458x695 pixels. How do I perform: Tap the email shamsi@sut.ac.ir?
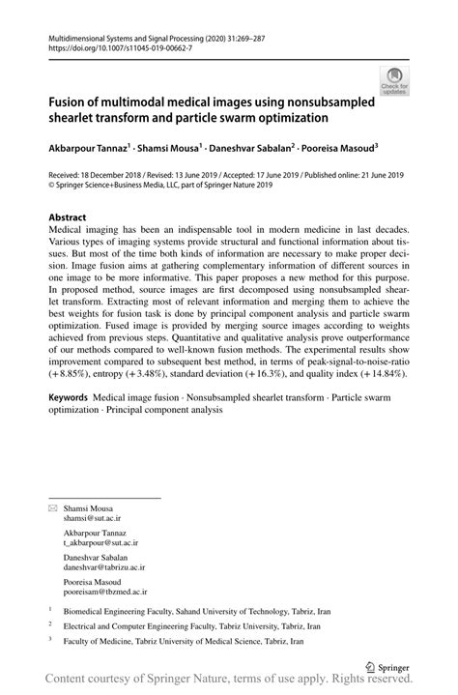tap(93, 518)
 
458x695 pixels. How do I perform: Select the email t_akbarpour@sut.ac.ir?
tap(102, 544)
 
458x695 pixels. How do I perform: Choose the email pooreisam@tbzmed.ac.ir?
tap(105, 592)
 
